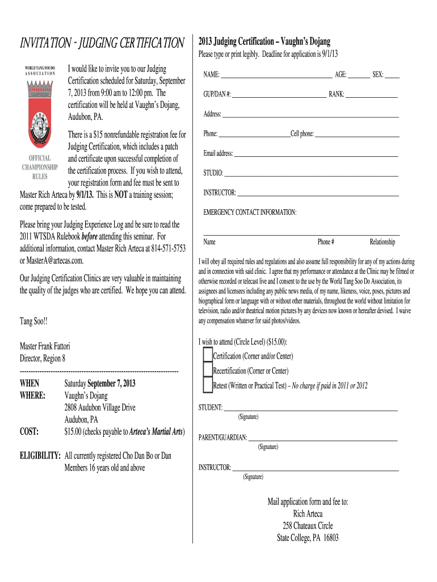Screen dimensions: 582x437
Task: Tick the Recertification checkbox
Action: point(208,371)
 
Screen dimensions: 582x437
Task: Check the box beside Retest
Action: point(208,386)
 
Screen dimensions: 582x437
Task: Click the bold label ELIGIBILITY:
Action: point(40,456)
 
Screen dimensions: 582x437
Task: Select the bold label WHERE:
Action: point(32,395)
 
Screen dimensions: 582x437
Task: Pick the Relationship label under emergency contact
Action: point(382,242)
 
